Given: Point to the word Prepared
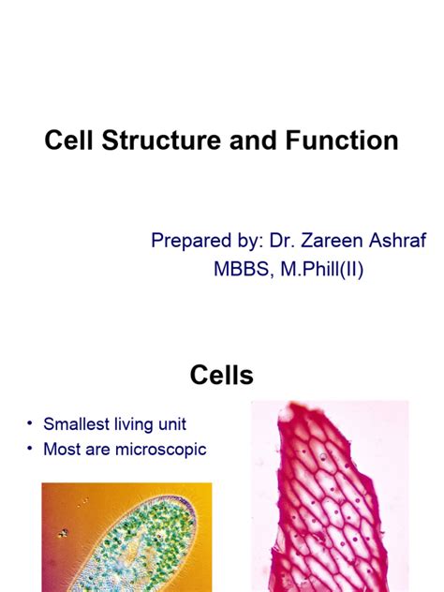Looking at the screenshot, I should (189, 242).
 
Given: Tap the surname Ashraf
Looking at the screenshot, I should (402, 241).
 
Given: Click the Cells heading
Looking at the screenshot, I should (221, 377).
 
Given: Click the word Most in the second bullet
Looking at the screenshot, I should (62, 450).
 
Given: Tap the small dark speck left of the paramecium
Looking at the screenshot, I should (64, 533).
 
